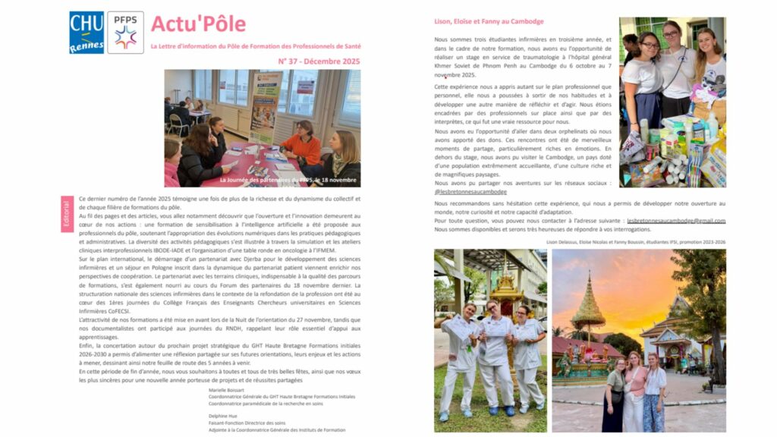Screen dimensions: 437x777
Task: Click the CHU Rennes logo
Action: (x=87, y=32)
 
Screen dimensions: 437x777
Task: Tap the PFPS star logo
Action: (x=125, y=33)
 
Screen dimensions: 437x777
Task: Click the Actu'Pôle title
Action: (x=198, y=24)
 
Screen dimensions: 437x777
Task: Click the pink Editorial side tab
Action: (x=67, y=214)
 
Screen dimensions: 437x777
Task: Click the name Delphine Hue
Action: (x=222, y=416)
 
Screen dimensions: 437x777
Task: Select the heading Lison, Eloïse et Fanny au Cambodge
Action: (x=488, y=21)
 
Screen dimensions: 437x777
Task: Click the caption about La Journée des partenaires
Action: (x=288, y=180)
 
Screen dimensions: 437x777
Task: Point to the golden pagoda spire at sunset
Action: (x=589, y=303)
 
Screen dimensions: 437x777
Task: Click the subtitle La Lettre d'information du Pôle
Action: (x=256, y=46)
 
